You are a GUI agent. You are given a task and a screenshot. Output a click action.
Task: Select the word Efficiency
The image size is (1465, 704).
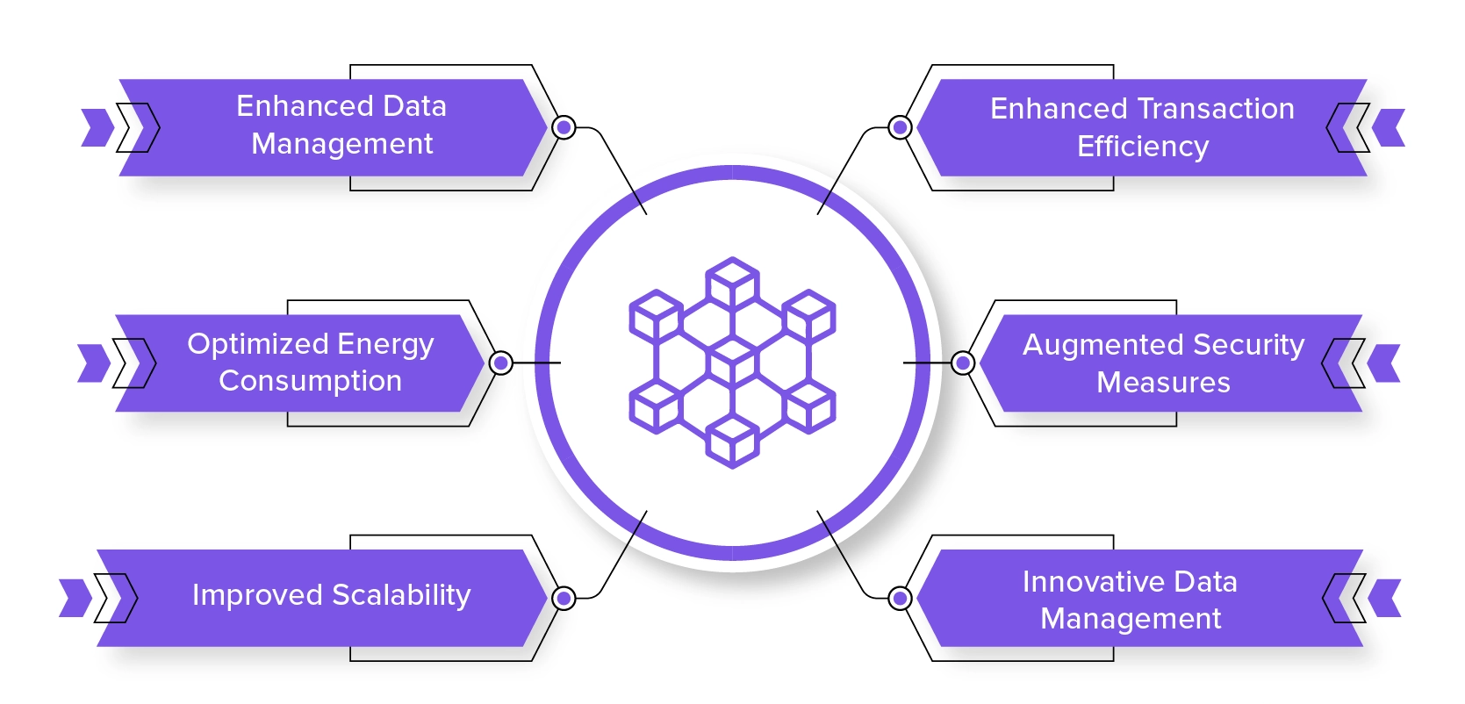pyautogui.click(x=1143, y=147)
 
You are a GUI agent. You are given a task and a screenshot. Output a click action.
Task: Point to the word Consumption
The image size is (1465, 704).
pyautogui.click(x=310, y=381)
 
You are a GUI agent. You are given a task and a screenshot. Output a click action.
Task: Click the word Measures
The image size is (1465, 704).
pyautogui.click(x=1163, y=383)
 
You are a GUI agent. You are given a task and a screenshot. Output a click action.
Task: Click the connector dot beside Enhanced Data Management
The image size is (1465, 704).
pyautogui.click(x=564, y=127)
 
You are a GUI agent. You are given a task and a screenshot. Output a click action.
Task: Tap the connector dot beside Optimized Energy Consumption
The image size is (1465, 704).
pyautogui.click(x=501, y=363)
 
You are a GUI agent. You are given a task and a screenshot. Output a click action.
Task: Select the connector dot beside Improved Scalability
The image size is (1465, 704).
pyautogui.click(x=564, y=599)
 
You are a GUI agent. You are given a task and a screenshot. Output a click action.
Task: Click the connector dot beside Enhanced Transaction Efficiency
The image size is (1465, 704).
pyautogui.click(x=900, y=127)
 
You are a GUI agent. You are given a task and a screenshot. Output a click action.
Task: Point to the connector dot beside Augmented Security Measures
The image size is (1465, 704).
pyautogui.click(x=963, y=363)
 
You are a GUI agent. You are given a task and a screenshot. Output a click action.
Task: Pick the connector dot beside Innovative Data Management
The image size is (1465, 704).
pyautogui.click(x=900, y=599)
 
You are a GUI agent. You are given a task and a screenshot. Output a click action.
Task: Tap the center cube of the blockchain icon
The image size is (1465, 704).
pyautogui.click(x=732, y=361)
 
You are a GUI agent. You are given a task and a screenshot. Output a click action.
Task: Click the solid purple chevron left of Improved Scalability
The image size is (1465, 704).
pyautogui.click(x=75, y=598)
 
